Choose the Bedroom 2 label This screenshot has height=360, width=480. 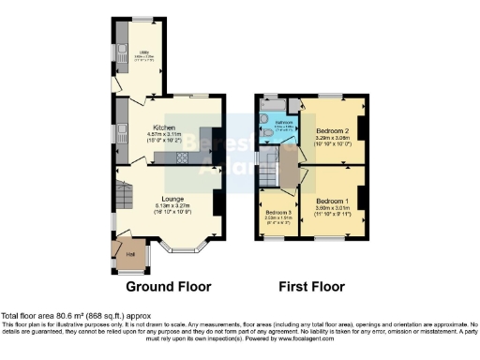point(333,130)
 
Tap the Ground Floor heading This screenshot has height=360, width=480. point(169,286)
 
